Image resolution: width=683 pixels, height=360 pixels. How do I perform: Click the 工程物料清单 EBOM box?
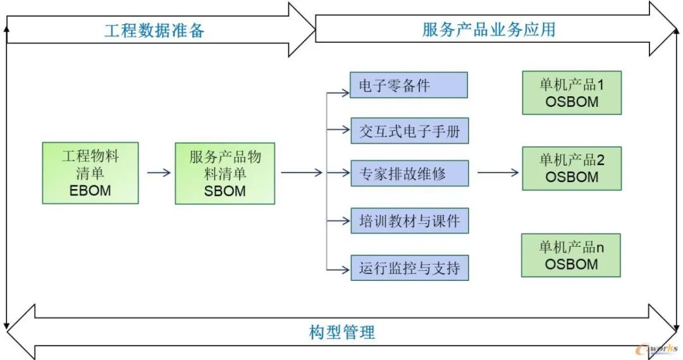point(90,173)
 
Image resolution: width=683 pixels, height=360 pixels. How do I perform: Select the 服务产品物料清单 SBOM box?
point(225,173)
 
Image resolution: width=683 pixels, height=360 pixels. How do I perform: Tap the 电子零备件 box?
point(409,85)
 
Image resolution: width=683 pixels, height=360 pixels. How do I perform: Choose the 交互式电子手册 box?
point(409,132)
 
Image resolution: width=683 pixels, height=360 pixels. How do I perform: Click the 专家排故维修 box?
point(409,173)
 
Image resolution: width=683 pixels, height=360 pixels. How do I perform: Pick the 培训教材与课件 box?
point(409,221)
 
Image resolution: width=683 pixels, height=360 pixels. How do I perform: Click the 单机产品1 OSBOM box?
point(572,92)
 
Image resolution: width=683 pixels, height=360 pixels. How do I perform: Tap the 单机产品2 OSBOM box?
point(572,168)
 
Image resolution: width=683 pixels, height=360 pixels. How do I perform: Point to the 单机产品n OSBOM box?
point(571,255)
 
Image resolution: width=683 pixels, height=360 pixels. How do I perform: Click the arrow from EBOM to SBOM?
point(158,172)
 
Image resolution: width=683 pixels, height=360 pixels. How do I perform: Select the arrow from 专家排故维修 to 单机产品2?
point(498,172)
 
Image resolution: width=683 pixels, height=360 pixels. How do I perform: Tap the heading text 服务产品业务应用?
point(488,29)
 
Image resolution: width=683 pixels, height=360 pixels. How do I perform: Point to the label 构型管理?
point(341,332)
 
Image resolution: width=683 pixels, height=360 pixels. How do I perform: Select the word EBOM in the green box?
point(90,190)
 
